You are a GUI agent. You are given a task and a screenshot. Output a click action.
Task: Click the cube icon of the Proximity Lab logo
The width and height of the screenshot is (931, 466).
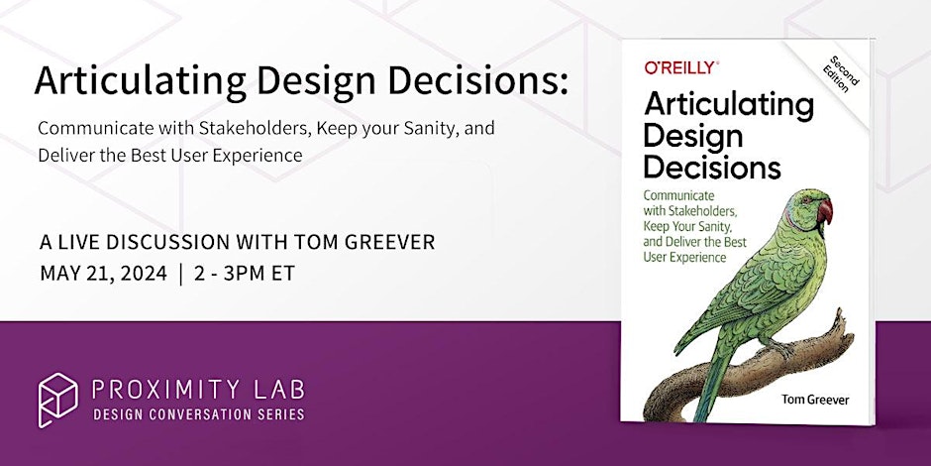coord(57,399)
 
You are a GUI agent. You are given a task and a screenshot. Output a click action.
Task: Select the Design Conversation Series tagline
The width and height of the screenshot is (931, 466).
coord(197,413)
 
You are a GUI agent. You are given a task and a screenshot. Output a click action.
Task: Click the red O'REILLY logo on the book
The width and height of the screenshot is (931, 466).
coord(680,68)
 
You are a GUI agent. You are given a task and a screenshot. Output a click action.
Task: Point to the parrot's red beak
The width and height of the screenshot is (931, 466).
coord(824,210)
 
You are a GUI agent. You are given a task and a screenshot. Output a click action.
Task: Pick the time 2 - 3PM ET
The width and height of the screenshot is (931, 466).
coord(246,274)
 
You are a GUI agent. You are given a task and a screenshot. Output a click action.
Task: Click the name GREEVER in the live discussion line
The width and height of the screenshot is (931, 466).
coord(387,243)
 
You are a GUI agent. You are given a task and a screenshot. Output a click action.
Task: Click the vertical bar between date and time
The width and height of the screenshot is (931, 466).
coord(181,274)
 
